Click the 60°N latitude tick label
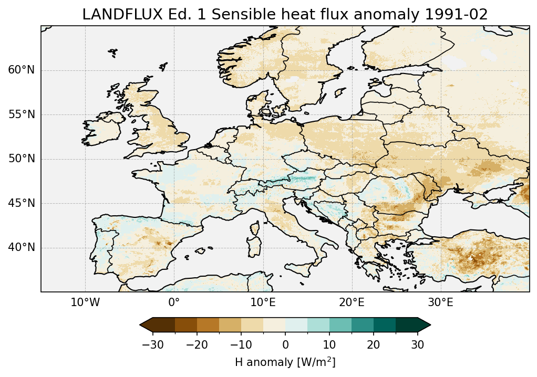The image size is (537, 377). click(21, 70)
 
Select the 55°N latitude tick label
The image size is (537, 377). click(21, 114)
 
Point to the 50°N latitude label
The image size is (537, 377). click(21, 159)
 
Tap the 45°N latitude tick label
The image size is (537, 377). click(21, 203)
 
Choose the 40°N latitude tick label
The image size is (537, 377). click(21, 247)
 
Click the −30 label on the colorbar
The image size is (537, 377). click(152, 344)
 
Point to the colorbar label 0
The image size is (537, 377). click(285, 344)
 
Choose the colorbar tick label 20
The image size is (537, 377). click(374, 344)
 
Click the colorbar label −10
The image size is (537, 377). click(241, 344)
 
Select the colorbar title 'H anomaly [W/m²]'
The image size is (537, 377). click(285, 362)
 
